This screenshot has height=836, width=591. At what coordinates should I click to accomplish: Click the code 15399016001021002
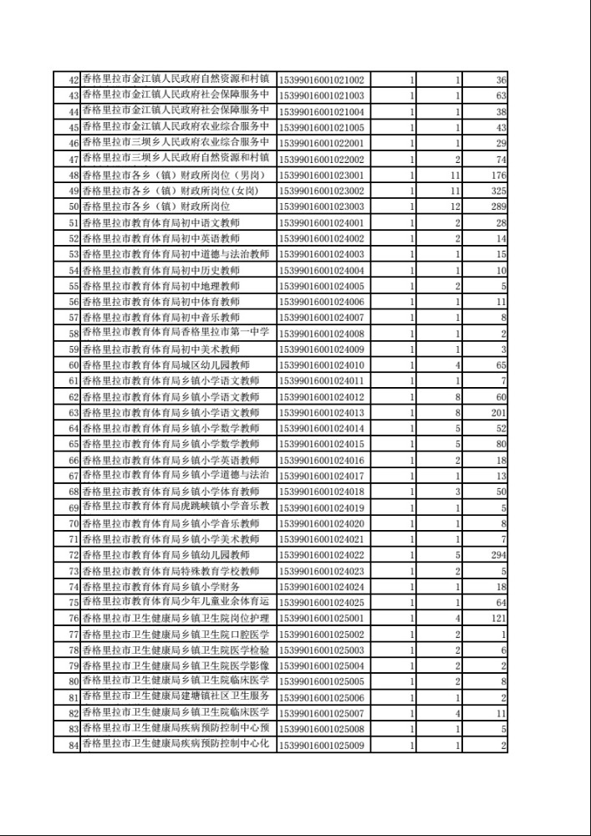point(321,79)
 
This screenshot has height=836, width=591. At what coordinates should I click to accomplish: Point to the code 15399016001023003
point(321,206)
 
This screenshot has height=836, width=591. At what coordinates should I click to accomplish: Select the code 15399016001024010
point(321,365)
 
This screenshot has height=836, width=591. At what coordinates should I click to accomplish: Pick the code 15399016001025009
point(321,746)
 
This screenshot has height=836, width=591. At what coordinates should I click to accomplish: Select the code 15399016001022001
point(321,143)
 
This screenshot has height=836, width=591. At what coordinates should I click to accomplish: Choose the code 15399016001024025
point(321,603)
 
